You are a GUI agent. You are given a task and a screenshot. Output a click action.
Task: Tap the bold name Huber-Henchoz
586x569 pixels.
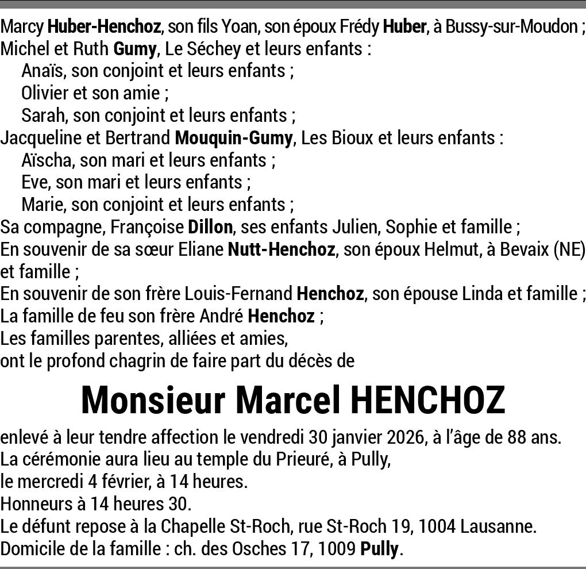(x=106, y=26)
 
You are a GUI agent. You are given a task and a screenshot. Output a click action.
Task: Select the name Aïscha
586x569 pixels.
(x=48, y=160)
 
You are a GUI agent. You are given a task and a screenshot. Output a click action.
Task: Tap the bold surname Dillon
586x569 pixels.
(x=210, y=227)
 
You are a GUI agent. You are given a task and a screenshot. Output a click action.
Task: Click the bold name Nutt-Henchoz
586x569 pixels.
(x=281, y=249)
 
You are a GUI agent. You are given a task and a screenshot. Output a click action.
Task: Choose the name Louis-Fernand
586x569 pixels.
(x=238, y=294)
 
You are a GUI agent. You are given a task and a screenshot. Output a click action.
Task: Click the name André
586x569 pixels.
(x=222, y=316)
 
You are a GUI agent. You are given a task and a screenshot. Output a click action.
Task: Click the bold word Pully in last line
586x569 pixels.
(x=379, y=549)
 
